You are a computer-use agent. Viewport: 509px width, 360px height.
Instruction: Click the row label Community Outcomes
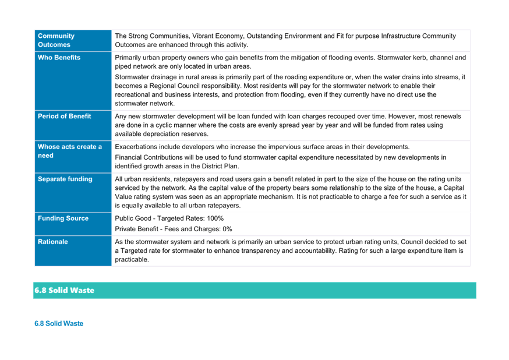pos(56,40)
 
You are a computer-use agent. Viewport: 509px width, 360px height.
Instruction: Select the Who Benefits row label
pos(59,58)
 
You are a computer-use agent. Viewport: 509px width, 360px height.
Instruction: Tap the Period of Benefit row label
pos(64,116)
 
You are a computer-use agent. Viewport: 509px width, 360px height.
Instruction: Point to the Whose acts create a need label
pos(70,151)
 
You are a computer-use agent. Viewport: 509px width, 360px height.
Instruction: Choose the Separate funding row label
pos(65,179)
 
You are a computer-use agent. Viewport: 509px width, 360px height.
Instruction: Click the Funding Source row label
pos(63,218)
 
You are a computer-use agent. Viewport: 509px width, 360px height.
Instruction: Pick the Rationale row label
pos(52,242)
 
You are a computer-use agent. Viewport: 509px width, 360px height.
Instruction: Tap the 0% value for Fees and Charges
pos(227,229)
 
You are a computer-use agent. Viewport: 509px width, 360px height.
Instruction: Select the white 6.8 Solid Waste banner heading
pos(64,290)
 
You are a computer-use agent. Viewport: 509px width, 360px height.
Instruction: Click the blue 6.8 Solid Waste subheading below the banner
pos(59,323)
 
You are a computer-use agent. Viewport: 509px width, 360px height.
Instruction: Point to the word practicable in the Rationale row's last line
pos(132,259)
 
